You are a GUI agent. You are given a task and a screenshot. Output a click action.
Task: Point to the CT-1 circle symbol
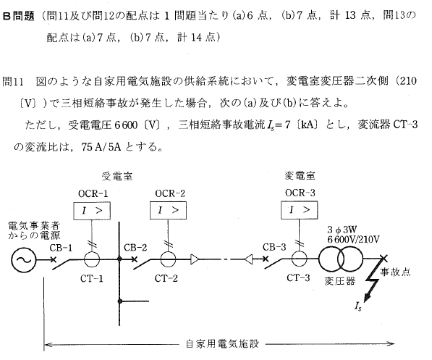tap(92, 252)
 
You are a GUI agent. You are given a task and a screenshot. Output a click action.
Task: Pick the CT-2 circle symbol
tap(168, 252)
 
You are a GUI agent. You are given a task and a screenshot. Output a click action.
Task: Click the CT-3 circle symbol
tap(299, 251)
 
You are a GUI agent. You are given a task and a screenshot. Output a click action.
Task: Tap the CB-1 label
tap(61, 248)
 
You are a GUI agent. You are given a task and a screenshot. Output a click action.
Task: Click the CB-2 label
tap(135, 248)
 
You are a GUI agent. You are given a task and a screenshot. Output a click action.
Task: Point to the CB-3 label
tap(274, 247)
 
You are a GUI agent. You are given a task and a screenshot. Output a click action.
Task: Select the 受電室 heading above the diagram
tap(117, 176)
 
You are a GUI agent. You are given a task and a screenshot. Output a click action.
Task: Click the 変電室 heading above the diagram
tap(300, 175)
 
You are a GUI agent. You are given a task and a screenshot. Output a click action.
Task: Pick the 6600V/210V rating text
tap(353, 240)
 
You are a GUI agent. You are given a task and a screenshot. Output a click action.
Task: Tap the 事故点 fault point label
tap(395, 272)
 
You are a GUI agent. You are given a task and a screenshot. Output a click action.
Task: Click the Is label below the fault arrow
tap(358, 306)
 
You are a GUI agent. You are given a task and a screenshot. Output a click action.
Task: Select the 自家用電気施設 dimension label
tap(222, 344)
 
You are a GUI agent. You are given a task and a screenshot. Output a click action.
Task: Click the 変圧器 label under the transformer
tap(340, 281)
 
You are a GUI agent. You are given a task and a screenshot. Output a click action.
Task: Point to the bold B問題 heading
tap(19, 16)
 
